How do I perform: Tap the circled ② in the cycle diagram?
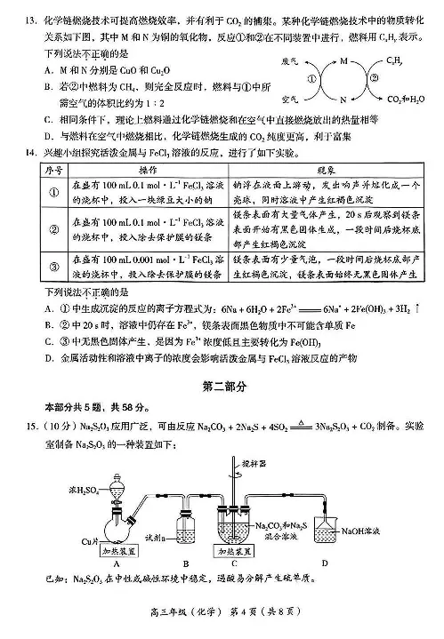(x=373, y=77)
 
